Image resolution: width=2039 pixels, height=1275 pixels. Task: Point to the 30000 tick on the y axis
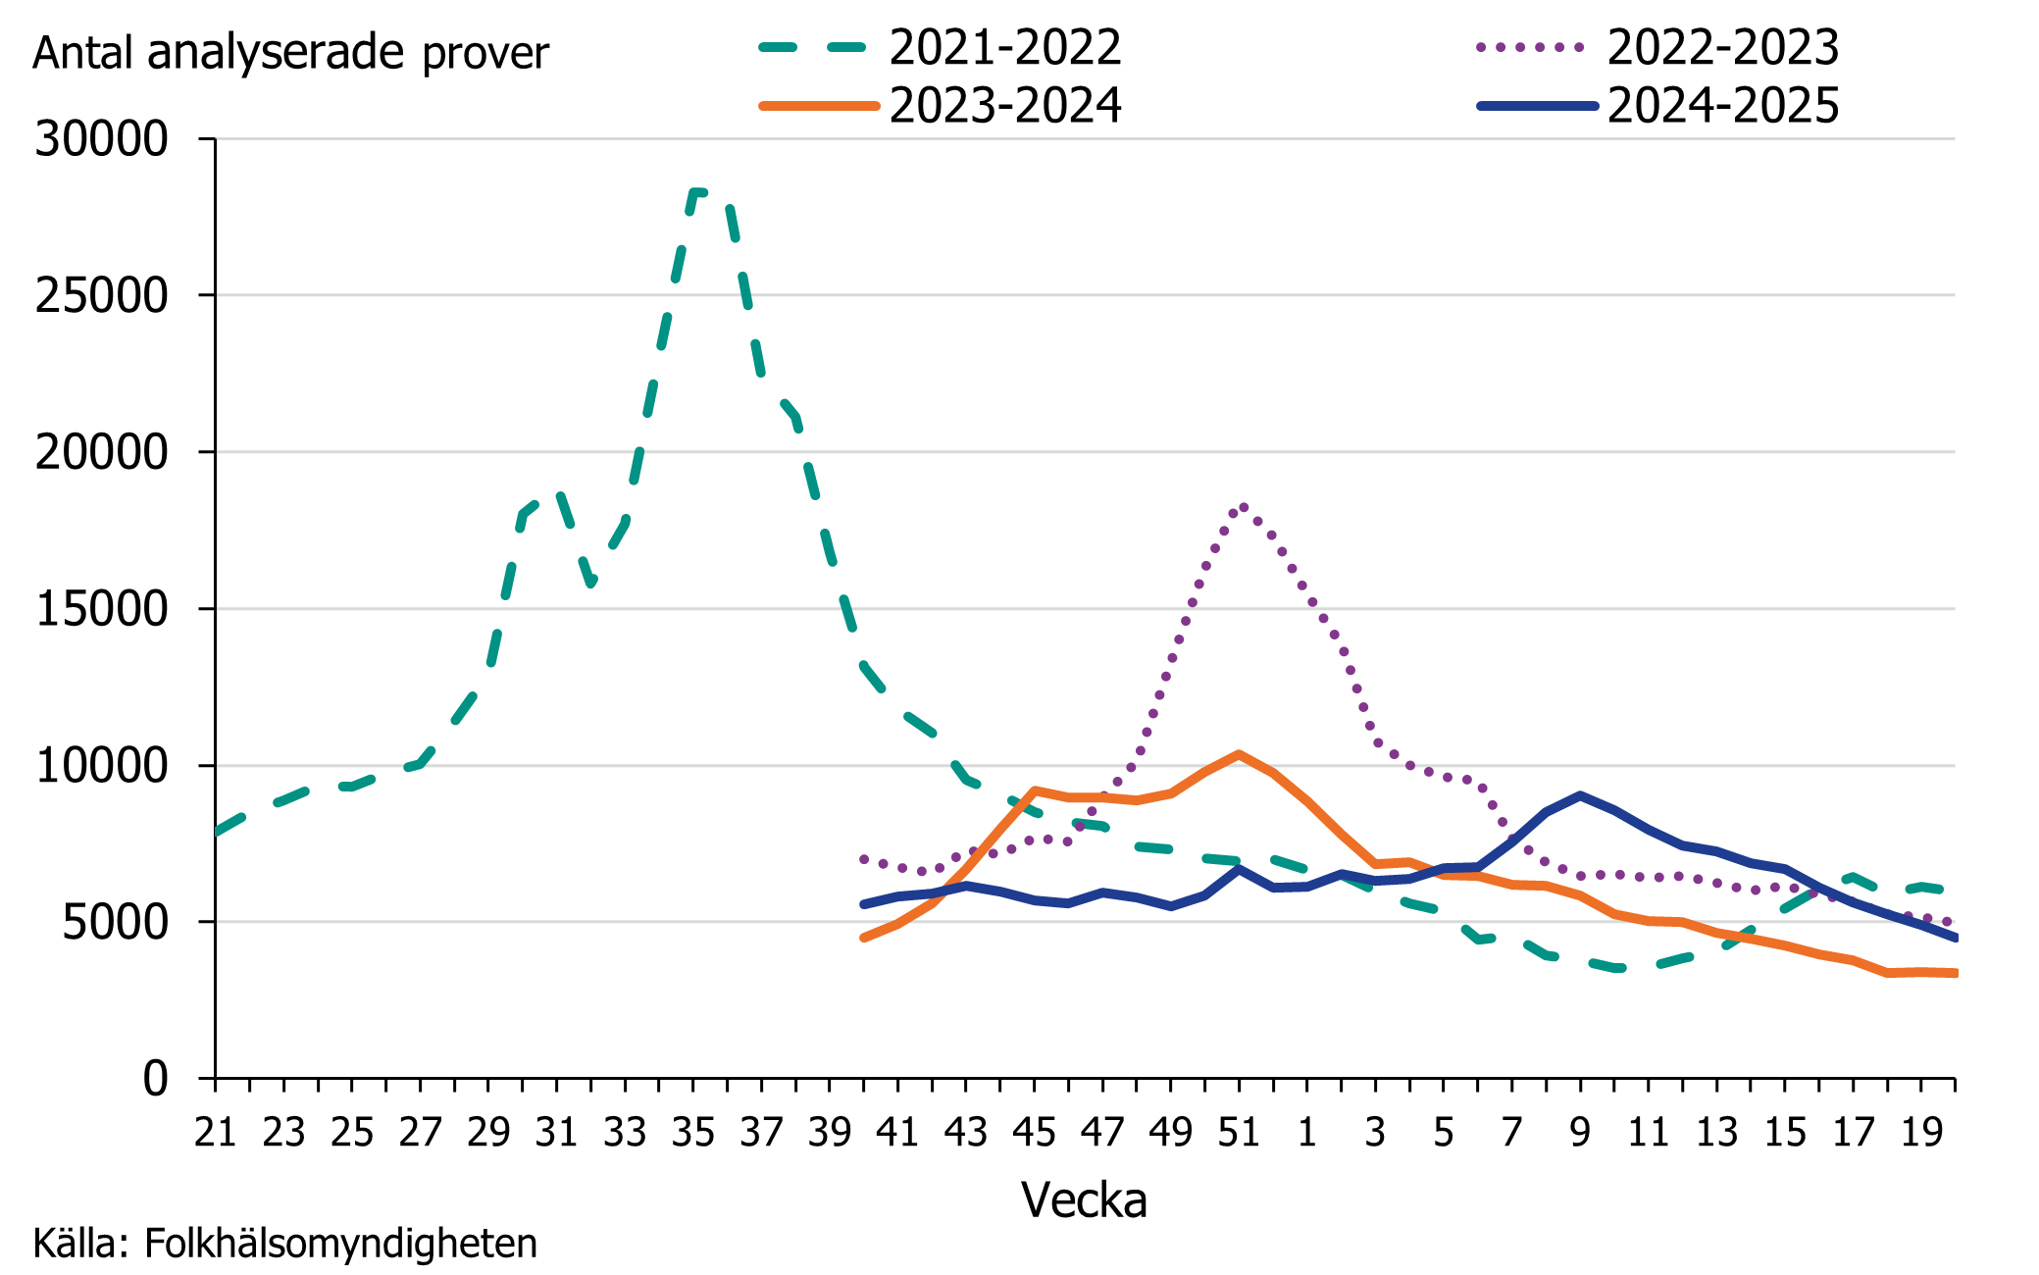[102, 139]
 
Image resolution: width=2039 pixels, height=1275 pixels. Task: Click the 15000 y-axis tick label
[102, 609]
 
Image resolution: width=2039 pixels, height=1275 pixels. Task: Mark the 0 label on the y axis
[155, 1079]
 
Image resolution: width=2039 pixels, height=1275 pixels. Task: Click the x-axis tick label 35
[693, 1133]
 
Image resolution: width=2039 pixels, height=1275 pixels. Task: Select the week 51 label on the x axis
[1239, 1133]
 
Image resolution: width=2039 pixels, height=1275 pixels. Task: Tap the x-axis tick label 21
[216, 1133]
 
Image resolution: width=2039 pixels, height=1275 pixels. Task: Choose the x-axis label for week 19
[1921, 1133]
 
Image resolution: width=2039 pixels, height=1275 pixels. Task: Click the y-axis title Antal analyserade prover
[290, 53]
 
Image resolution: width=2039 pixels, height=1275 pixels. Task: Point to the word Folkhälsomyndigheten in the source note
[340, 1244]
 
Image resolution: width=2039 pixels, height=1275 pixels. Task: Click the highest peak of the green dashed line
[698, 191]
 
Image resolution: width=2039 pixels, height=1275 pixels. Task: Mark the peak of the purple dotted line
[1243, 506]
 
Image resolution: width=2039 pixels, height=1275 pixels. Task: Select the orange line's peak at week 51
[1240, 754]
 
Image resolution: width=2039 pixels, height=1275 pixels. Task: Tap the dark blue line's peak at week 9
[1580, 795]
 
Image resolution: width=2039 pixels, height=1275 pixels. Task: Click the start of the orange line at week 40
[863, 939]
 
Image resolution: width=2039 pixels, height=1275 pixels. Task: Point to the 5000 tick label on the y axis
[115, 922]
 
